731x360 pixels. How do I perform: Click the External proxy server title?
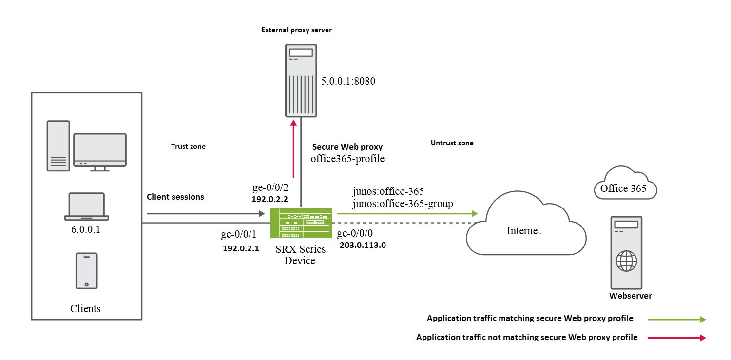[296, 30]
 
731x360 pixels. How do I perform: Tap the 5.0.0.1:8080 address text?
[348, 81]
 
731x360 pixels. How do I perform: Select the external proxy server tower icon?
[301, 80]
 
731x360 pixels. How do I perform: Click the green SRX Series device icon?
[301, 223]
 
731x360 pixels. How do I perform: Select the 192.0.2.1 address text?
[241, 248]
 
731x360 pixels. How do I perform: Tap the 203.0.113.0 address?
[363, 245]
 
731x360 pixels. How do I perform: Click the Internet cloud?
[524, 229]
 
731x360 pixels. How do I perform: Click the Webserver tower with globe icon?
[626, 253]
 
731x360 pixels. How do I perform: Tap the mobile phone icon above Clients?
[86, 271]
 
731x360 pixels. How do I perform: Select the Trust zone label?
[188, 146]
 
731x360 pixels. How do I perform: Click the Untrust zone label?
[452, 143]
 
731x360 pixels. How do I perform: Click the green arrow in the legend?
[676, 319]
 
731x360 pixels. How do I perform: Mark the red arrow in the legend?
[676, 337]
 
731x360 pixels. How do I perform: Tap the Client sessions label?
[175, 197]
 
